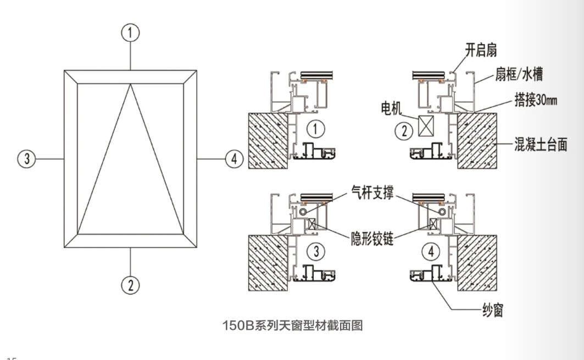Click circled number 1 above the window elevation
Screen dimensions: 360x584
[x=130, y=33]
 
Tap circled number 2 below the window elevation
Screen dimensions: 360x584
[x=130, y=285]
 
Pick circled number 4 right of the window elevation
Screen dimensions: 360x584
[x=234, y=159]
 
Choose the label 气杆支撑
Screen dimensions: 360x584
[x=371, y=193]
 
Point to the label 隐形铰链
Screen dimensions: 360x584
[x=372, y=240]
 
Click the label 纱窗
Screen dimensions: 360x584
[x=491, y=311]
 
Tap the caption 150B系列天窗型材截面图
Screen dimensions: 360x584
[x=292, y=325]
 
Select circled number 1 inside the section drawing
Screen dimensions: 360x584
[x=315, y=130]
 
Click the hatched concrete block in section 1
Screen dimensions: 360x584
[x=269, y=140]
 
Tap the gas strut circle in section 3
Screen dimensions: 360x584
[x=302, y=211]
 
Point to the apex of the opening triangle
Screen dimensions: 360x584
[x=131, y=84]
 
